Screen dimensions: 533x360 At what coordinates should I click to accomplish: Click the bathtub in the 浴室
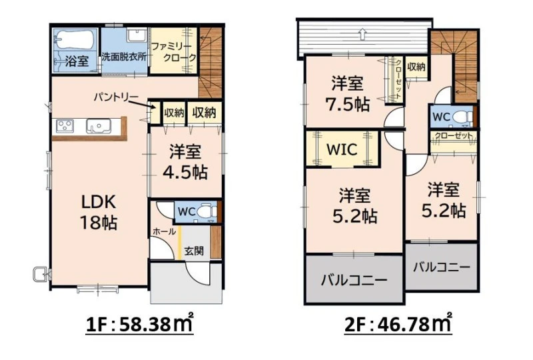(x=74, y=40)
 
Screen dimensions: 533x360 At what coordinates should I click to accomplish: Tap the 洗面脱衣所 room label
(x=125, y=57)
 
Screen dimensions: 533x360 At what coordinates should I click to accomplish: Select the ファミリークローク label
(x=173, y=52)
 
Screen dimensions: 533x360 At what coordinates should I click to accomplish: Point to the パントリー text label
(x=116, y=97)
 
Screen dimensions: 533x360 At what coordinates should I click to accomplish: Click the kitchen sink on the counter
(x=98, y=125)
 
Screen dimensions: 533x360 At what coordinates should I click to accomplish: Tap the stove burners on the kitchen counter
(x=65, y=126)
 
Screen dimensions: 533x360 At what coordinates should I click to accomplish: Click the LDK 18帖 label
(x=99, y=212)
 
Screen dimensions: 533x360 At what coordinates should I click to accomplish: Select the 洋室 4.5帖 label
(x=185, y=162)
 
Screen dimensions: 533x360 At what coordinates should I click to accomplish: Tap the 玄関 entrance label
(x=194, y=251)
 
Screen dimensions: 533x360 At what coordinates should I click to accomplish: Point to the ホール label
(x=164, y=232)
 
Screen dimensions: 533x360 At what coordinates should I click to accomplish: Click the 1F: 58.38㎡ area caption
(x=140, y=324)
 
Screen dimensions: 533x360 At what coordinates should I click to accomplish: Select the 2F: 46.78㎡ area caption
(x=398, y=324)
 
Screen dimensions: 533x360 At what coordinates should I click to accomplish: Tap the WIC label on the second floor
(x=342, y=149)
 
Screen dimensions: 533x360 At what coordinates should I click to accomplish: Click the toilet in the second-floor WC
(x=462, y=117)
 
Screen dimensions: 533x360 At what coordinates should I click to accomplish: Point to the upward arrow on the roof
(x=362, y=33)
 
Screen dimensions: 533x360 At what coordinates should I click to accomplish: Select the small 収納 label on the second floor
(x=416, y=67)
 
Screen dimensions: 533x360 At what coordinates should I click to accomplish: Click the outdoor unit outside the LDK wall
(x=41, y=274)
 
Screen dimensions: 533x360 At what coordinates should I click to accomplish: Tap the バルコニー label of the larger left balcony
(x=354, y=281)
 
